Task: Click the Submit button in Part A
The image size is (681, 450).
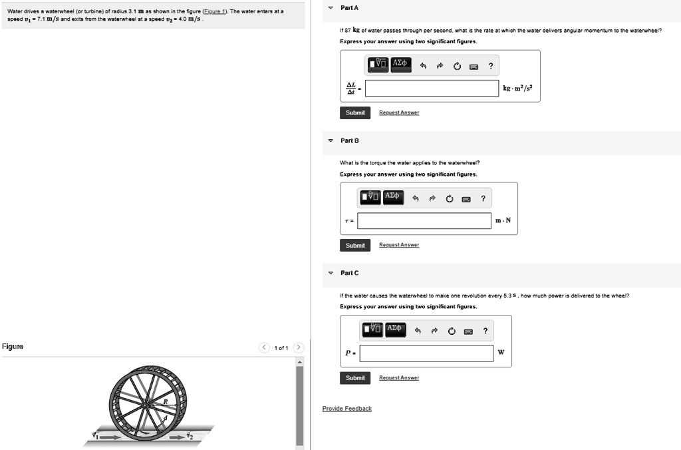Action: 355,112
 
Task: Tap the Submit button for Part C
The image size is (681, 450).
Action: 355,377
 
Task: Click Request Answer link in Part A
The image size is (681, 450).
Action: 399,112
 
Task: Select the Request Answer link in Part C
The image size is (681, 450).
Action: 399,377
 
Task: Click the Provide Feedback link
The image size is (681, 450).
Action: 346,408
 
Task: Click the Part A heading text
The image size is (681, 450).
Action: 349,7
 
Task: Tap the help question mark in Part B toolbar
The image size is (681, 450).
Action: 483,198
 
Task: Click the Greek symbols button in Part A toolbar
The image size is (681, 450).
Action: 400,65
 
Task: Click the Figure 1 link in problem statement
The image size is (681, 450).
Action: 212,11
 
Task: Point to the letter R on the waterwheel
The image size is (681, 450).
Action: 166,402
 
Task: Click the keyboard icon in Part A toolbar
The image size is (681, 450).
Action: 473,65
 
